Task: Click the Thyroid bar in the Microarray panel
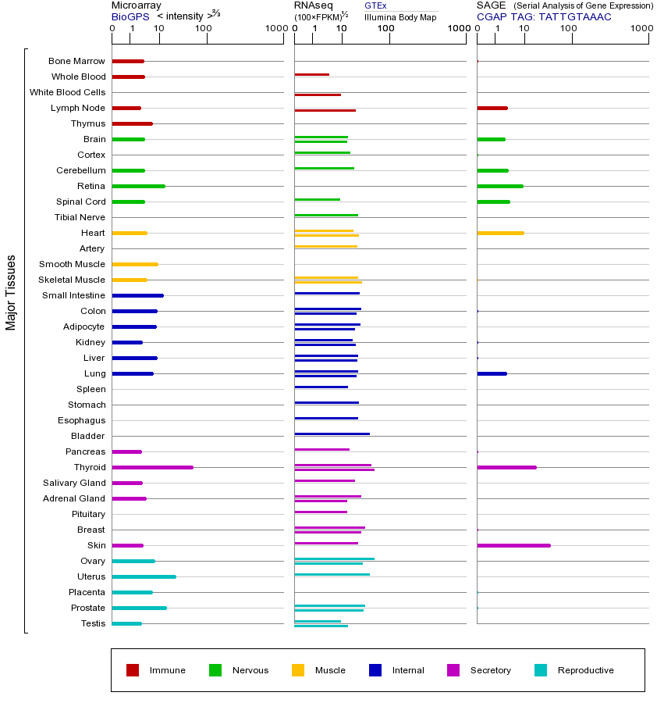click(x=152, y=467)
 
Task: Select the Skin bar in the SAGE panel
click(x=513, y=545)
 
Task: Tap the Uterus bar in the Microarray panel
click(x=144, y=576)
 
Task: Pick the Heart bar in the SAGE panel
click(x=500, y=233)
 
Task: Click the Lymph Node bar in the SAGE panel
click(x=492, y=108)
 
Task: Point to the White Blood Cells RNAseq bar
click(x=318, y=95)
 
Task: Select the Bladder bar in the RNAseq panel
click(x=332, y=434)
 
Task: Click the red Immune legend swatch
click(x=133, y=670)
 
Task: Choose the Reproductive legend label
click(x=585, y=670)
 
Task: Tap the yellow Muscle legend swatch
click(x=298, y=670)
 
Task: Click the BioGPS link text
click(x=130, y=16)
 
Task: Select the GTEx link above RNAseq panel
click(x=375, y=5)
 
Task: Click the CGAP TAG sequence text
click(x=544, y=16)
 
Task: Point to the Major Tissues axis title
click(x=11, y=292)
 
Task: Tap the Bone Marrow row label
click(x=76, y=61)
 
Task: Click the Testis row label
click(x=93, y=623)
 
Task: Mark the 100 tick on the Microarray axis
click(x=204, y=29)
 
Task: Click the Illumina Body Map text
click(x=400, y=16)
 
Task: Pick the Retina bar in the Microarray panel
click(x=138, y=186)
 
